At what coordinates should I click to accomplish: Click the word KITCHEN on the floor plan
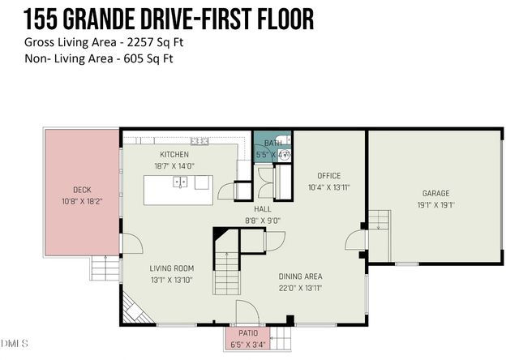tap(174, 155)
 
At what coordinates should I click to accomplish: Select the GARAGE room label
tap(435, 194)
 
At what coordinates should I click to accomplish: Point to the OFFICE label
tap(328, 176)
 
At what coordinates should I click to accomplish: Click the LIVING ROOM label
tap(171, 268)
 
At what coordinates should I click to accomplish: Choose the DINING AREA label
tap(301, 276)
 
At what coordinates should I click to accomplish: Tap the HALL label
tap(263, 208)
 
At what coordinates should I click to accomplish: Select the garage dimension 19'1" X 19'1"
tap(435, 205)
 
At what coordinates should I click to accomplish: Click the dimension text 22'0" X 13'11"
tap(301, 287)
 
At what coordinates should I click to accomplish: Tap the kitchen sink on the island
tap(181, 182)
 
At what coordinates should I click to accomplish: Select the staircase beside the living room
tap(226, 272)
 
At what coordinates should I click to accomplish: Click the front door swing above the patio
tap(248, 313)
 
